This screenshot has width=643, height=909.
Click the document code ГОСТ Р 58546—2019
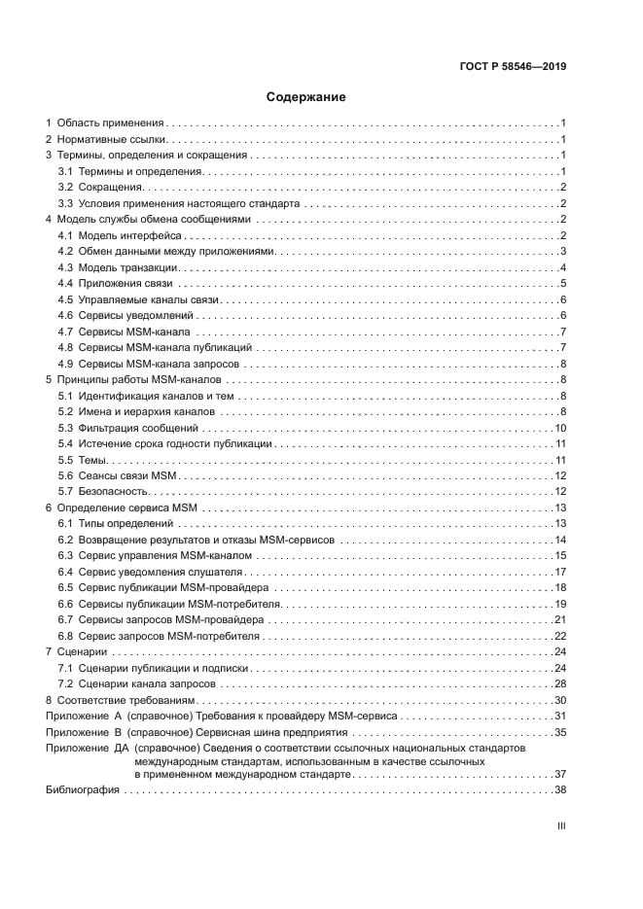513,67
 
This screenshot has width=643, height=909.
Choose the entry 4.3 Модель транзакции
119,268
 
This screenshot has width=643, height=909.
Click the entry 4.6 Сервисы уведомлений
125,317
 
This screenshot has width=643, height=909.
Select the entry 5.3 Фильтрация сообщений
128,428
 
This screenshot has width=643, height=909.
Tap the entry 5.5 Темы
83,460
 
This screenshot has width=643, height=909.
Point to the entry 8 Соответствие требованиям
122,700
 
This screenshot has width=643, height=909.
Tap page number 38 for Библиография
560,790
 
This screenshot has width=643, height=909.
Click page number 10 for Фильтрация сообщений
560,428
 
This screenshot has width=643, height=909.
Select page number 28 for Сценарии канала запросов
560,683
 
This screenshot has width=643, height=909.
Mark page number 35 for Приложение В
560,732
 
